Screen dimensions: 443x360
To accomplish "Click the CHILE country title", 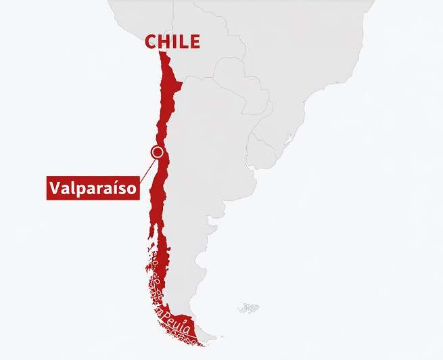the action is pyautogui.click(x=172, y=41).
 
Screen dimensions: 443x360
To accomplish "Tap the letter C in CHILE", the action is pyautogui.click(x=151, y=41).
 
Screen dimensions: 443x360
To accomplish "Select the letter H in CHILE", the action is pyautogui.click(x=166, y=41).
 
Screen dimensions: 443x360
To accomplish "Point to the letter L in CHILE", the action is pyautogui.click(x=184, y=41).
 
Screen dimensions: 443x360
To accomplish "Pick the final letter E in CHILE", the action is pyautogui.click(x=195, y=41).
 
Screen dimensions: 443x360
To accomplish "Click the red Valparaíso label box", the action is pyautogui.click(x=93, y=187).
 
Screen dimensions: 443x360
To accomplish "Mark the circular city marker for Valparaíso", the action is pyautogui.click(x=158, y=152).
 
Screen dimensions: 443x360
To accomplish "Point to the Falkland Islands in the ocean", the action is pyautogui.click(x=248, y=308).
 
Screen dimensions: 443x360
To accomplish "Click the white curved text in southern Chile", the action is pyautogui.click(x=174, y=315).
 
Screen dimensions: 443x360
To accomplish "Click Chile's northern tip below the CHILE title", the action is pyautogui.click(x=162, y=57).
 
